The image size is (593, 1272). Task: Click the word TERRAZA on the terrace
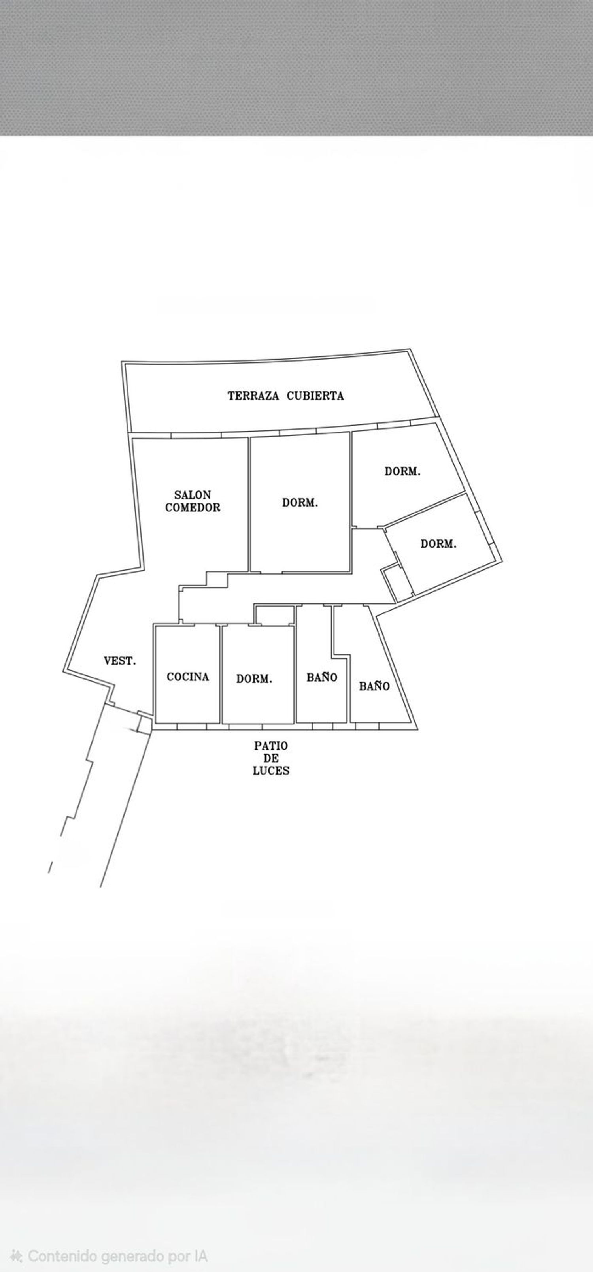[253, 396]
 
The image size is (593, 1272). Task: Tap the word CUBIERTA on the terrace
[315, 396]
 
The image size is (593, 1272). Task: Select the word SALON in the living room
[193, 494]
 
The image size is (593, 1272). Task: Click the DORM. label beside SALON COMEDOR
[300, 503]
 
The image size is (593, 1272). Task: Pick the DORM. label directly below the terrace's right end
[403, 471]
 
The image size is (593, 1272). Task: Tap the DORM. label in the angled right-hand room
[438, 544]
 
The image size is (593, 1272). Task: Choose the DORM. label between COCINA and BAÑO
[254, 679]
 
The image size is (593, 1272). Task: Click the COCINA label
[188, 677]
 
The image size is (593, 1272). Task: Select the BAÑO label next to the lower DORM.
[322, 677]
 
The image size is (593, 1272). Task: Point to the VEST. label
[119, 661]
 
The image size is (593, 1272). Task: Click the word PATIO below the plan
[271, 746]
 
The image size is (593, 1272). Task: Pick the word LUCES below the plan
[271, 770]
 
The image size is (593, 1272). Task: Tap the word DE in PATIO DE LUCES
[271, 758]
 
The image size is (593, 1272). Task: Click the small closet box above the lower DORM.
[274, 615]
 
